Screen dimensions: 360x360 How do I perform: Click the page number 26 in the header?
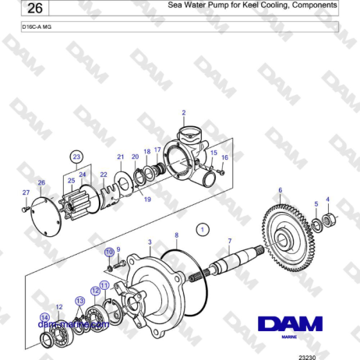coord(32,9)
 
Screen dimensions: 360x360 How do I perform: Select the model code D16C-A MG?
coord(37,26)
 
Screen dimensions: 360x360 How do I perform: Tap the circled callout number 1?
coord(203,229)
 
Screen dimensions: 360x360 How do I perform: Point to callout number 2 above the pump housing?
coord(183,113)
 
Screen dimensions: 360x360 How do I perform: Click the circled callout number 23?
coord(76,157)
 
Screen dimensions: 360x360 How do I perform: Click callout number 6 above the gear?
coord(280,190)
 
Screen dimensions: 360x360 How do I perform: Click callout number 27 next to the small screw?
coord(25,192)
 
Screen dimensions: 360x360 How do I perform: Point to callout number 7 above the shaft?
coord(229,241)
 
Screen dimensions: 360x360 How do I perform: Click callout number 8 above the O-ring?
coord(176,235)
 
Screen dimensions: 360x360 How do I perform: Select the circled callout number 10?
coord(109,252)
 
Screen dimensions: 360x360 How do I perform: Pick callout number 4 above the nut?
coord(327,199)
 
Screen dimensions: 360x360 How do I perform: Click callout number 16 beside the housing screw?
coord(224,158)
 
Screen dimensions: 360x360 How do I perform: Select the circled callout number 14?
coord(44,316)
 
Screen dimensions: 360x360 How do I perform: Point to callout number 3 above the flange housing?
coord(150,242)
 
